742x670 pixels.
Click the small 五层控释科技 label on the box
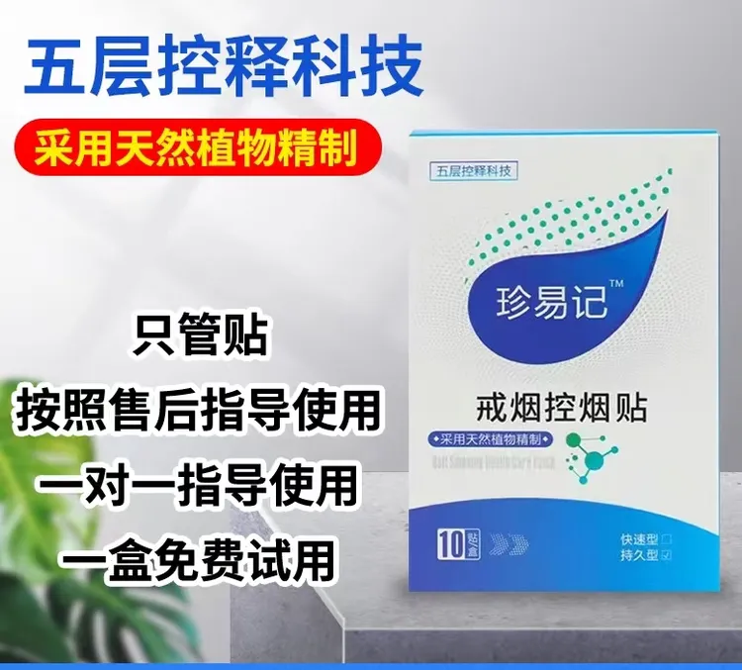coord(473,170)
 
